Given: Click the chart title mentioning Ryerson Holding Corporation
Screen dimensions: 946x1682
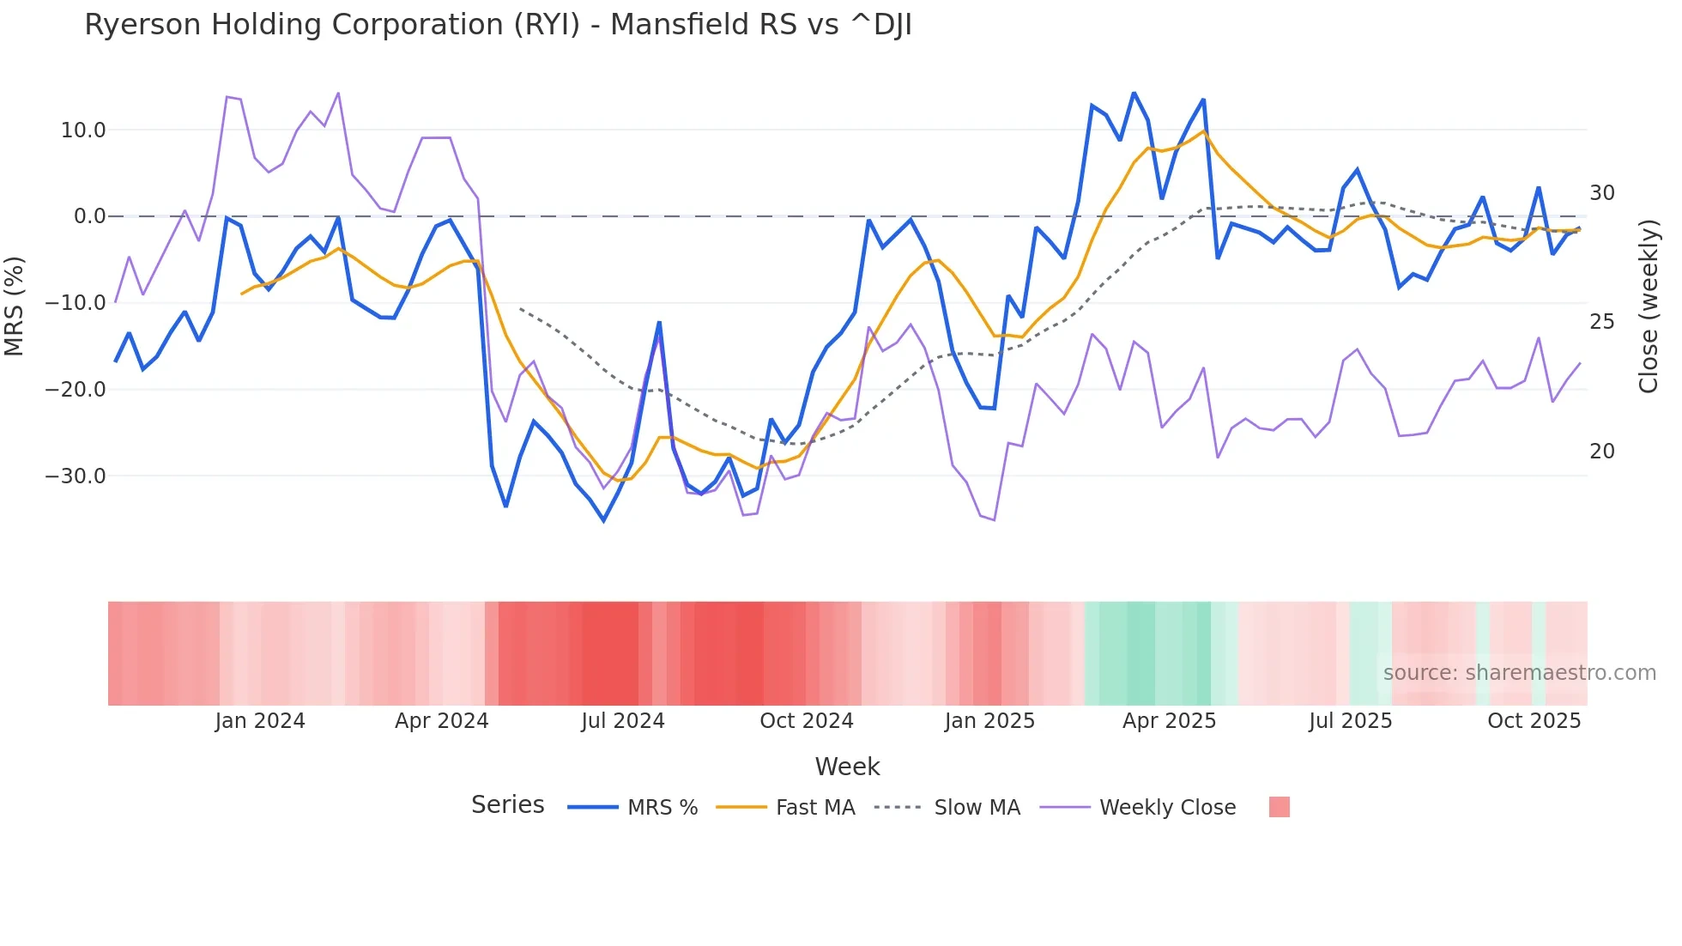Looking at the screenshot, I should click(x=498, y=25).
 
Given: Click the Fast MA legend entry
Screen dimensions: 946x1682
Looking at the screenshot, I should click(x=785, y=807).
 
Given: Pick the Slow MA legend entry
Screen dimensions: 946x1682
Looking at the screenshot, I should click(x=947, y=807).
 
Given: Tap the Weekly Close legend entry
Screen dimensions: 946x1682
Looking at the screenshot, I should click(x=1138, y=807).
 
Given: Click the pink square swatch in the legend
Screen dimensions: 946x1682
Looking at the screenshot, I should click(x=1279, y=807).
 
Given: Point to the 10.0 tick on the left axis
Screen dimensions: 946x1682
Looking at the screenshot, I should click(x=83, y=130).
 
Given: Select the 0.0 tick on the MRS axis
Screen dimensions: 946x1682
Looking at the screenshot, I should click(x=89, y=216).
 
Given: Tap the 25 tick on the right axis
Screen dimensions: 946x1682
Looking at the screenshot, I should click(x=1601, y=322).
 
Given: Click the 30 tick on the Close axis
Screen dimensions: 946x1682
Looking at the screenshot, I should click(x=1601, y=193).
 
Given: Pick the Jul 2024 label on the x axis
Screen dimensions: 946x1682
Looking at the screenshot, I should click(x=623, y=721).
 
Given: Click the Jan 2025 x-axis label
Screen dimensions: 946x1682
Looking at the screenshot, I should click(x=989, y=721).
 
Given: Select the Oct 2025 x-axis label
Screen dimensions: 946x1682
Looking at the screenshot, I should click(x=1534, y=721).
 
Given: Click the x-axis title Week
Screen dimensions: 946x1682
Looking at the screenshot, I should click(x=847, y=767).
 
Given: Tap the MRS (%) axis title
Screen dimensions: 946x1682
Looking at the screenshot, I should click(x=15, y=306).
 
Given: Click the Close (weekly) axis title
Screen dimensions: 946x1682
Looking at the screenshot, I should click(x=1648, y=306).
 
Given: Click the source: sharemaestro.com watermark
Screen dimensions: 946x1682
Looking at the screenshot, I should click(x=1519, y=673).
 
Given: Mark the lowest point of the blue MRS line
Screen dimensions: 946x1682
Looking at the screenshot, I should click(x=603, y=520).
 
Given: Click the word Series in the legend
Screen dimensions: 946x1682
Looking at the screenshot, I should click(x=507, y=805).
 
